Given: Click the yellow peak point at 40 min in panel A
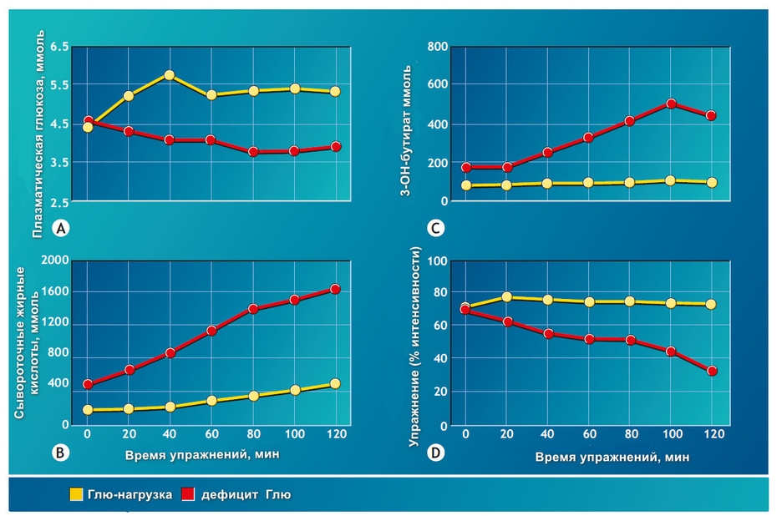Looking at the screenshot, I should [x=170, y=75].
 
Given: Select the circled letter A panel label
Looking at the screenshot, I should [x=59, y=227].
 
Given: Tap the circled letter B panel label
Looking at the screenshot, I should [x=59, y=453].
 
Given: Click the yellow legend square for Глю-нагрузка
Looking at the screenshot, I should [x=76, y=495].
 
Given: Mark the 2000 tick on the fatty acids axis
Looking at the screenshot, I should [x=54, y=261].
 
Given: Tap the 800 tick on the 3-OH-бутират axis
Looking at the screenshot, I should [x=439, y=46].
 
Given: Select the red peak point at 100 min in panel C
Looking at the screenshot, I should [x=671, y=104].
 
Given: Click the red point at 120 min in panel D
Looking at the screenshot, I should [x=712, y=371].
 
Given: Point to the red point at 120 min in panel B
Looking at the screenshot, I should [x=336, y=289].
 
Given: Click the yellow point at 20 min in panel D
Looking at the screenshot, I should [x=506, y=297].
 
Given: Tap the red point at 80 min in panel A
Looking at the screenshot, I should [x=253, y=152].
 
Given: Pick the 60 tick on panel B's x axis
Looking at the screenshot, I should [x=212, y=435].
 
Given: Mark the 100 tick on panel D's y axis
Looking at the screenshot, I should [x=436, y=261].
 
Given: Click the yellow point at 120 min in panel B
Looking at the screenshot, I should [x=336, y=384].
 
